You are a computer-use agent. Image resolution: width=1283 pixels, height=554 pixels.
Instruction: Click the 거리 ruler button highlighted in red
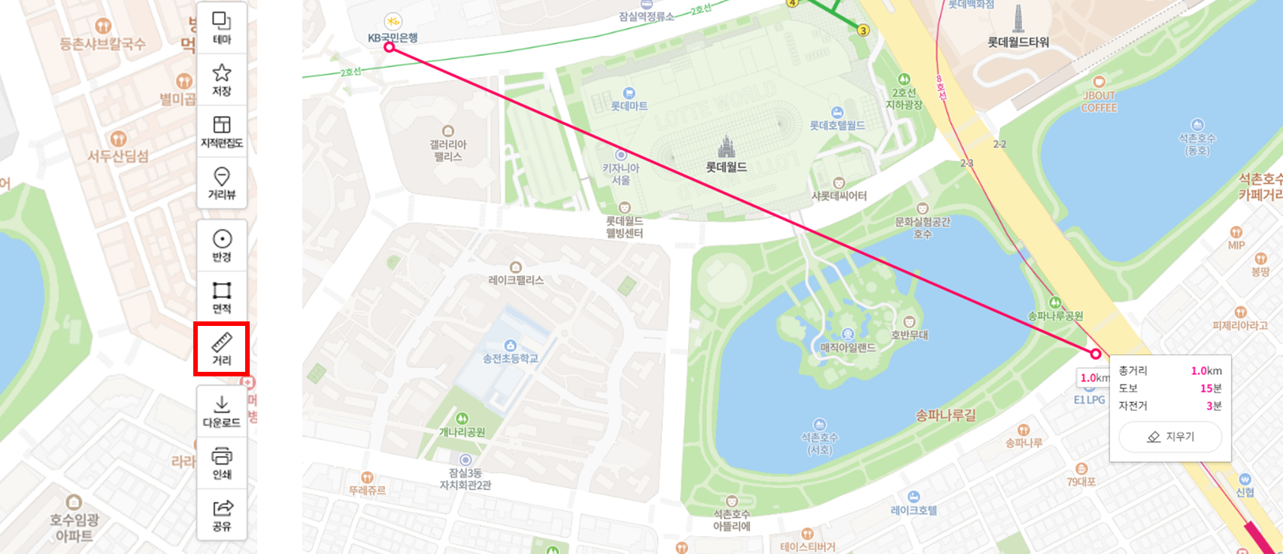(221, 349)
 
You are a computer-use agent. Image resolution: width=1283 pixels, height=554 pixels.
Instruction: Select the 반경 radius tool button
(222, 246)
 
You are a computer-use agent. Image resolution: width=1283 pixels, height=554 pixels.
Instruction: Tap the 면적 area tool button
(222, 297)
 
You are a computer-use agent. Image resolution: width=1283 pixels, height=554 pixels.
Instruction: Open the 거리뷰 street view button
(222, 184)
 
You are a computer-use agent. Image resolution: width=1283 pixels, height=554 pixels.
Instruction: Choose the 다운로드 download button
(222, 412)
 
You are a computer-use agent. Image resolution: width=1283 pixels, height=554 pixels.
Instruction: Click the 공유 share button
(222, 515)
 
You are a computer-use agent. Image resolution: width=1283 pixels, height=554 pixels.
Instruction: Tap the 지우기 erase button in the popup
(1170, 437)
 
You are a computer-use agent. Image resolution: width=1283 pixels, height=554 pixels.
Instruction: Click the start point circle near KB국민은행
(390, 47)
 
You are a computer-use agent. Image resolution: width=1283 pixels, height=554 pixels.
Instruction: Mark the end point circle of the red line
(1096, 354)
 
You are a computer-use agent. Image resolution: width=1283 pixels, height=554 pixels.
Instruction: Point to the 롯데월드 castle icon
(726, 148)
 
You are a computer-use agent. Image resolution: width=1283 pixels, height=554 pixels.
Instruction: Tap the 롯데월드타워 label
(1018, 42)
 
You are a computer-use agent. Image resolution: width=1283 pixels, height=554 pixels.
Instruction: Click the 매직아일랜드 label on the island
(848, 348)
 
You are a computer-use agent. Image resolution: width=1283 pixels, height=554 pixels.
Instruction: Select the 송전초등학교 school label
(511, 358)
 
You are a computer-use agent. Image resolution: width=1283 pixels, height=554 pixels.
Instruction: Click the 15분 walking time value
(1210, 388)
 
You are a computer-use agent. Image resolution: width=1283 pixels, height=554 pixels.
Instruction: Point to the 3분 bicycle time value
(1213, 406)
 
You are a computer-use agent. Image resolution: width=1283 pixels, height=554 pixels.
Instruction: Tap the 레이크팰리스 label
(516, 280)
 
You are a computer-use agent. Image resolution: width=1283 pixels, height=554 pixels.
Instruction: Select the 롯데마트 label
(629, 106)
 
